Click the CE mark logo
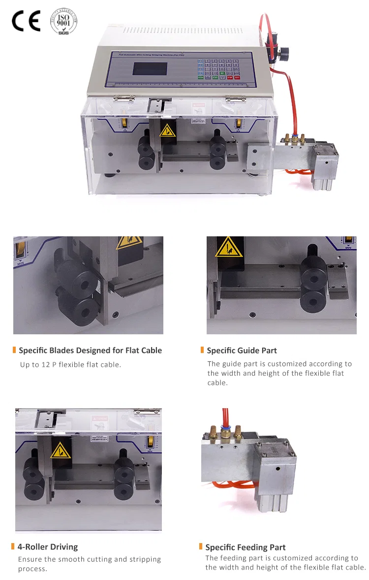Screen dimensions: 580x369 click(26, 21)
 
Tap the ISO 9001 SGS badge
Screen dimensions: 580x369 click(64, 21)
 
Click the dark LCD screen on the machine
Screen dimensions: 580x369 click(150, 68)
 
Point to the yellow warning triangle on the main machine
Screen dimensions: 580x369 click(168, 130)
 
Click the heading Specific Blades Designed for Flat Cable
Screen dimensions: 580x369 click(90, 351)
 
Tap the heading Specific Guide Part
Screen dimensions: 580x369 click(242, 351)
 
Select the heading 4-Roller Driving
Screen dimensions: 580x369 click(48, 547)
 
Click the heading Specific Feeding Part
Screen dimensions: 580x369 click(246, 547)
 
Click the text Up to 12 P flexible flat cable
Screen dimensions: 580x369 click(70, 365)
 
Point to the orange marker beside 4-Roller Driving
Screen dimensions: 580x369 click(13, 547)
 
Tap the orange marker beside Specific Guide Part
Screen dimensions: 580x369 click(202, 350)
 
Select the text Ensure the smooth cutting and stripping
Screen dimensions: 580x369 click(89, 559)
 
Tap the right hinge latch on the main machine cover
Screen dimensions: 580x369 click(235, 98)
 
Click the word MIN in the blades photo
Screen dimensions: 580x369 click(21, 264)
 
